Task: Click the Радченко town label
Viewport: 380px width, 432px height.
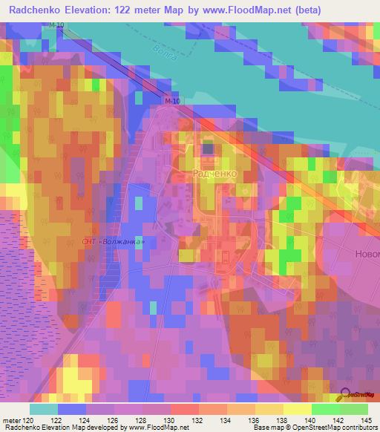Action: [x=214, y=172]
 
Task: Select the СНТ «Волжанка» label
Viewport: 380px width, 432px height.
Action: [x=110, y=243]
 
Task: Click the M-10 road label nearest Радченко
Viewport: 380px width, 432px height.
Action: [x=172, y=101]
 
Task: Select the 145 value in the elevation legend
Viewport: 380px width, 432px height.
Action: [x=366, y=419]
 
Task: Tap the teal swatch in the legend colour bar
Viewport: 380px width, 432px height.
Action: [x=44, y=409]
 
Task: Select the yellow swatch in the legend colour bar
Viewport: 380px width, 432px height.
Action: [x=297, y=409]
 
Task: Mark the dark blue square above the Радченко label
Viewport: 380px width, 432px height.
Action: [x=207, y=148]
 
